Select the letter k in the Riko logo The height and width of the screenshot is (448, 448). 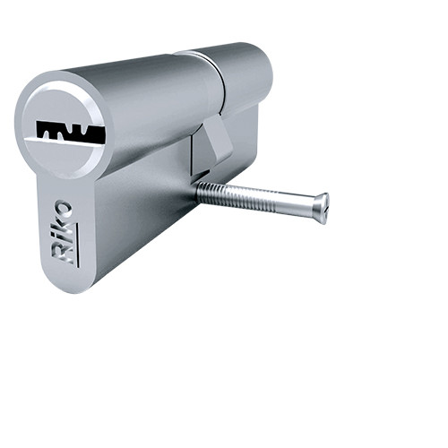(65, 227)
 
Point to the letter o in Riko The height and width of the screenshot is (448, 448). (64, 211)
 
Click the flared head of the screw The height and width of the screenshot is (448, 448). (319, 207)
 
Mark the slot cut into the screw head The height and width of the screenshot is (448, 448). (324, 208)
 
